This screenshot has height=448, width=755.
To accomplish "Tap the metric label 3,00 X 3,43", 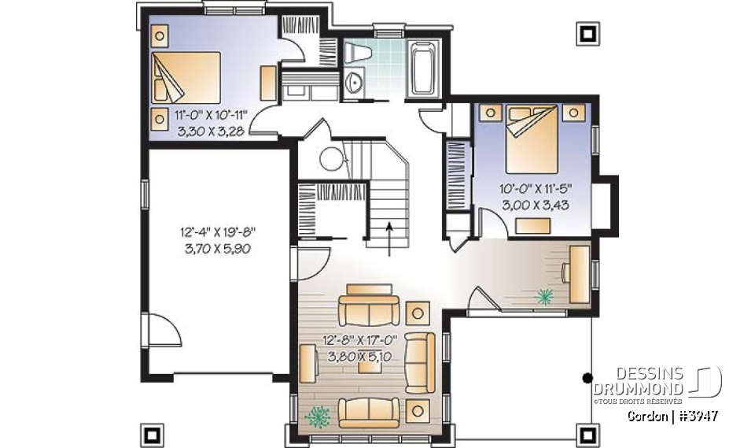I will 535,203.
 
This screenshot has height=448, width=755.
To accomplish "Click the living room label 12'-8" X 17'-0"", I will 361,340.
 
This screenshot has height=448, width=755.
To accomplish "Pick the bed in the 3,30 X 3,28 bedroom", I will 186,75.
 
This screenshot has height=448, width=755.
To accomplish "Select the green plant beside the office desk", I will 543,297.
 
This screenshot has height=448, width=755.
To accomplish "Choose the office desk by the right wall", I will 578,272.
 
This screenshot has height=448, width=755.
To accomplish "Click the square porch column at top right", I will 587,32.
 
